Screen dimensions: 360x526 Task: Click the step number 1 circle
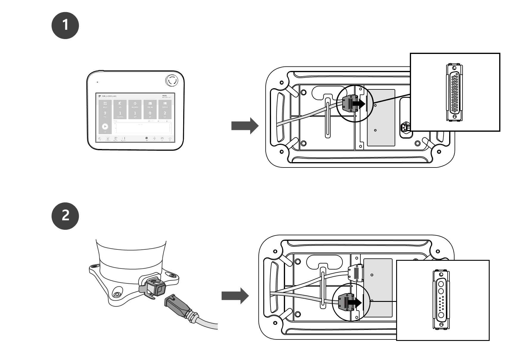pos(65,25)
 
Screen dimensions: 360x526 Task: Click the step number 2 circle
pos(65,216)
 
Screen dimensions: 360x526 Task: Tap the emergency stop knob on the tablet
pos(171,80)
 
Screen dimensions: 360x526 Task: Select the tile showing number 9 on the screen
pos(105,110)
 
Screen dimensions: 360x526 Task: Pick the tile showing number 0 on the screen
pos(150,110)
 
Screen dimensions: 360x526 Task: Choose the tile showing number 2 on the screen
pos(165,110)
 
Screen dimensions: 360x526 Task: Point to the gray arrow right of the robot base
pos(235,296)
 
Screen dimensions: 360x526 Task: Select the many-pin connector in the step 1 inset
pos(454,92)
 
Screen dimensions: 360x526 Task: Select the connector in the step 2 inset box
pos(441,300)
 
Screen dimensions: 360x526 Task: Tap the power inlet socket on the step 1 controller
pos(405,128)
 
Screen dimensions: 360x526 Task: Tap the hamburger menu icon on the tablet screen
pos(100,96)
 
